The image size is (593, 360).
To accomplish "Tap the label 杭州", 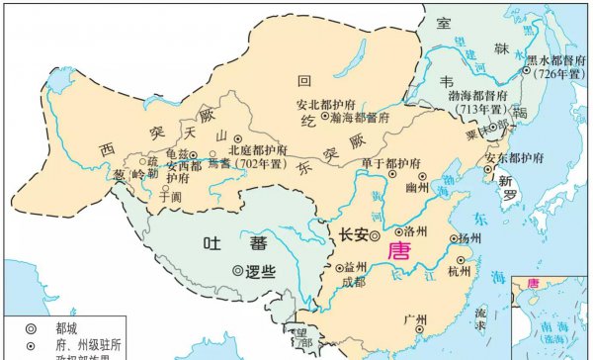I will point(460,271).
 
